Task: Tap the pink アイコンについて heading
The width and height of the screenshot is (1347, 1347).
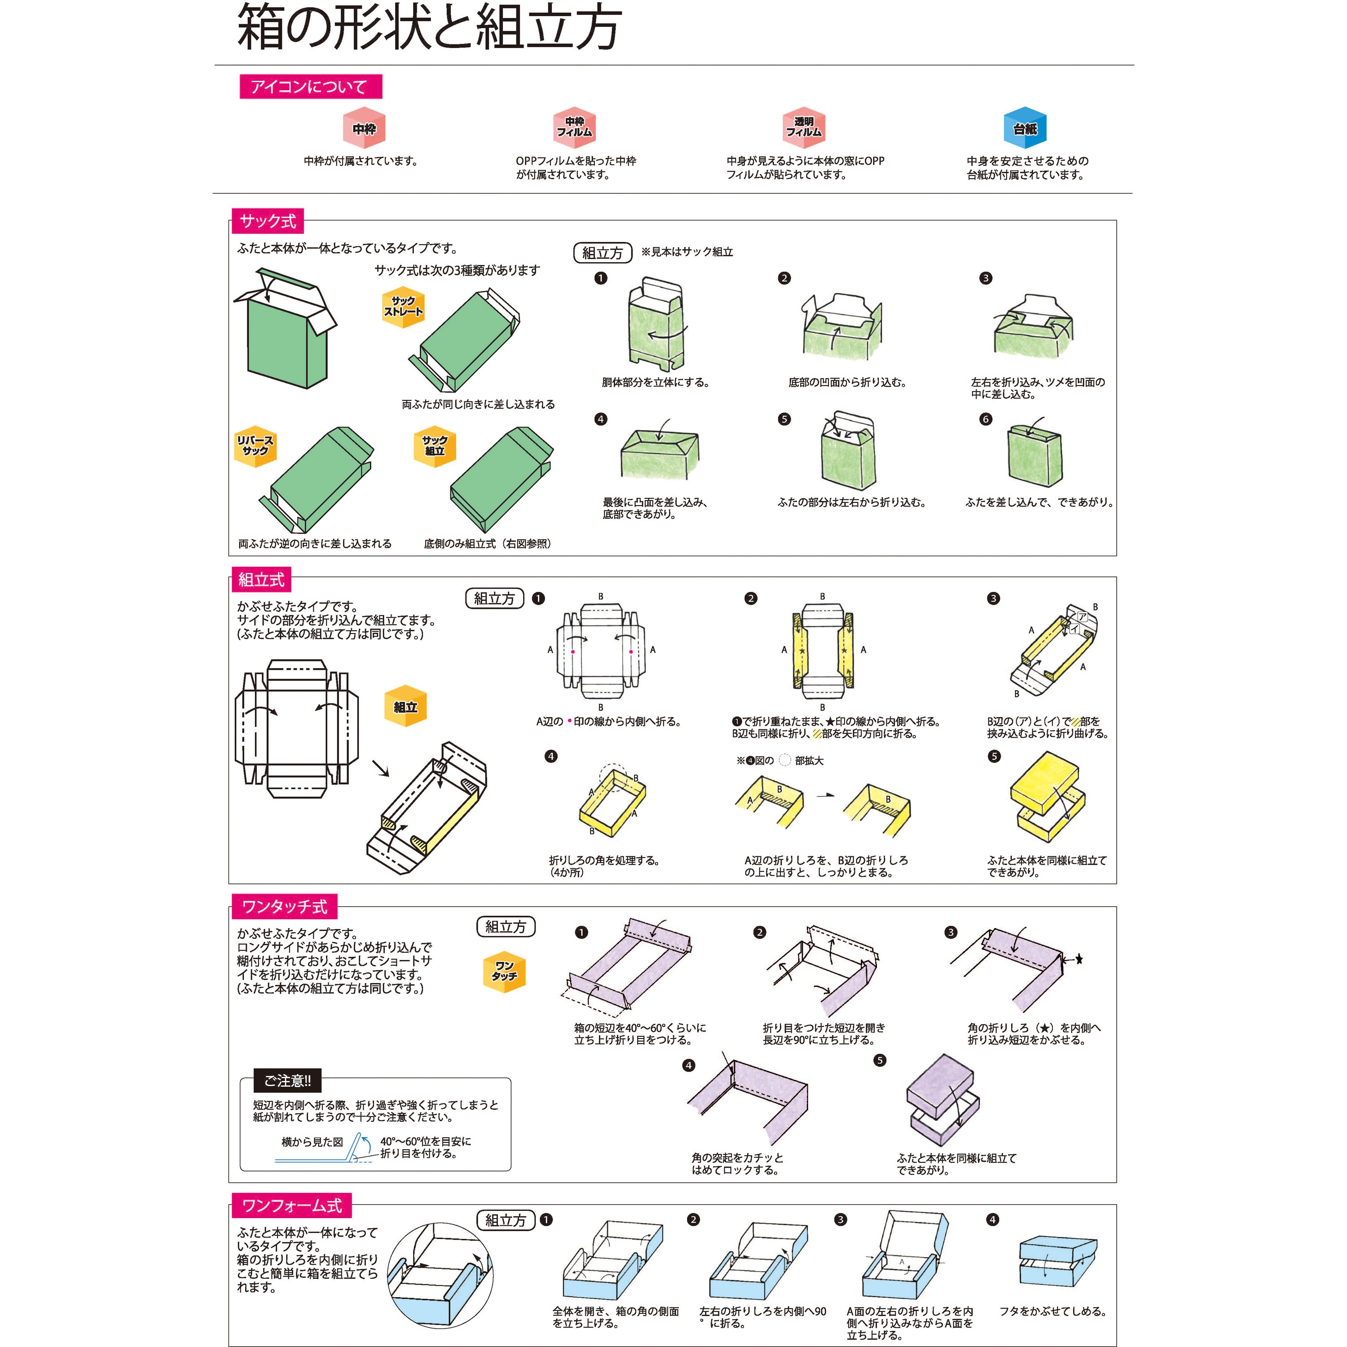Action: [x=310, y=87]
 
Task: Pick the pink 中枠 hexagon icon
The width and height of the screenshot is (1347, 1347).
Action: [x=364, y=128]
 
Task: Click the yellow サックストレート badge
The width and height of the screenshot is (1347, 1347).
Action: [x=403, y=307]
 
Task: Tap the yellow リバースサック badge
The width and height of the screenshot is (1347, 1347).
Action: [x=255, y=445]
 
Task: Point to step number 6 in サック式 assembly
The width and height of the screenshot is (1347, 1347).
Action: [x=985, y=419]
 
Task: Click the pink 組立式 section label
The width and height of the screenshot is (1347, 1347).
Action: [x=261, y=579]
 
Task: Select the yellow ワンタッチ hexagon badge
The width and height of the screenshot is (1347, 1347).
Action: [x=504, y=971]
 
